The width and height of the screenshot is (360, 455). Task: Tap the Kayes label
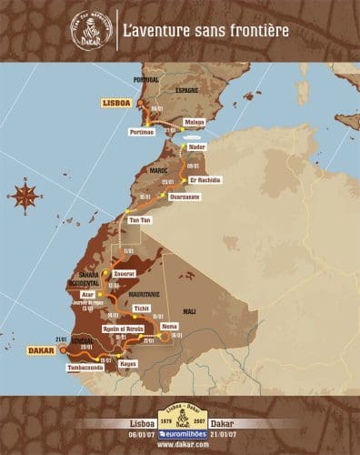[x=128, y=362]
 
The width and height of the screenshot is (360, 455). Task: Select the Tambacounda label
[x=87, y=369]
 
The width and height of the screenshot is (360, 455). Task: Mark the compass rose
[x=26, y=194]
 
